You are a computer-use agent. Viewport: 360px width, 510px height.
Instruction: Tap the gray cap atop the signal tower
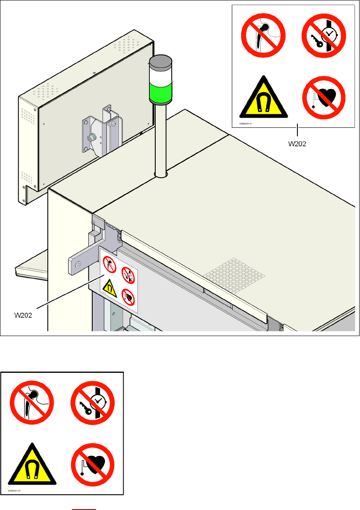(160, 62)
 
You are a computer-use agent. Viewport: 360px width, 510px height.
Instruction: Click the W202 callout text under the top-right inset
(297, 143)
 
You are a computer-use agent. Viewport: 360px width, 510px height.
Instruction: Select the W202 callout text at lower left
(24, 315)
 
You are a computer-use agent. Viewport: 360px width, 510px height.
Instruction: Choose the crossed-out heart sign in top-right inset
(324, 98)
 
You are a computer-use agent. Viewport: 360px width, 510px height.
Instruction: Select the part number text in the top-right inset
(246, 124)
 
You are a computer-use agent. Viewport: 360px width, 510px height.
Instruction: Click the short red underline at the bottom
(84, 509)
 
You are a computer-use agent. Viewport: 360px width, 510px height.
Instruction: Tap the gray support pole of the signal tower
(160, 140)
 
